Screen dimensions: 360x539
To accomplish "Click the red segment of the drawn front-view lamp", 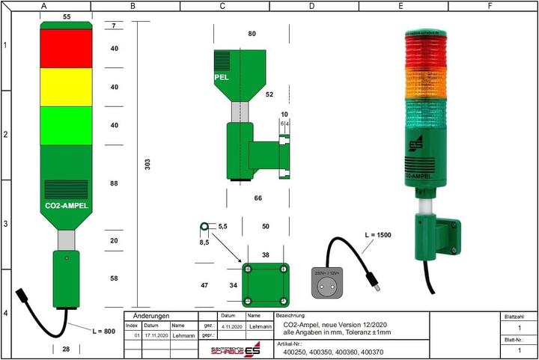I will (x=66, y=49).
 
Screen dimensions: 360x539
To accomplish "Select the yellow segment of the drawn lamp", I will (x=66, y=87).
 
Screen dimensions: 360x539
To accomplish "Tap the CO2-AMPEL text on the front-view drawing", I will (x=67, y=205).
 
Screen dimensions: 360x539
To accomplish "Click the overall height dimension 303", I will (x=147, y=162).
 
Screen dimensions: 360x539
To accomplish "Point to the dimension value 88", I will (x=114, y=183).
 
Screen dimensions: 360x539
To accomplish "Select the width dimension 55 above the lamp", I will (x=66, y=16).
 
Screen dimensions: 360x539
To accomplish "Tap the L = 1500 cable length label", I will (x=378, y=235).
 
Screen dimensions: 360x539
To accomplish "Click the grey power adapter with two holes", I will (x=326, y=282).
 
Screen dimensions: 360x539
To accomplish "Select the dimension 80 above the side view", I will (x=252, y=34).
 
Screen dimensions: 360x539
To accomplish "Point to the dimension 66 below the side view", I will (x=258, y=198).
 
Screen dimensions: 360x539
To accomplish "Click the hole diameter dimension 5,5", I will (x=222, y=225).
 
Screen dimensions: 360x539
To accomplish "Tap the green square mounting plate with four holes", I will (x=265, y=284).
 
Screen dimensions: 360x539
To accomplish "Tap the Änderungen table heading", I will (x=151, y=316).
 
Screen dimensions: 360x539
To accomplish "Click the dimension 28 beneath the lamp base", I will (x=66, y=350).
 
